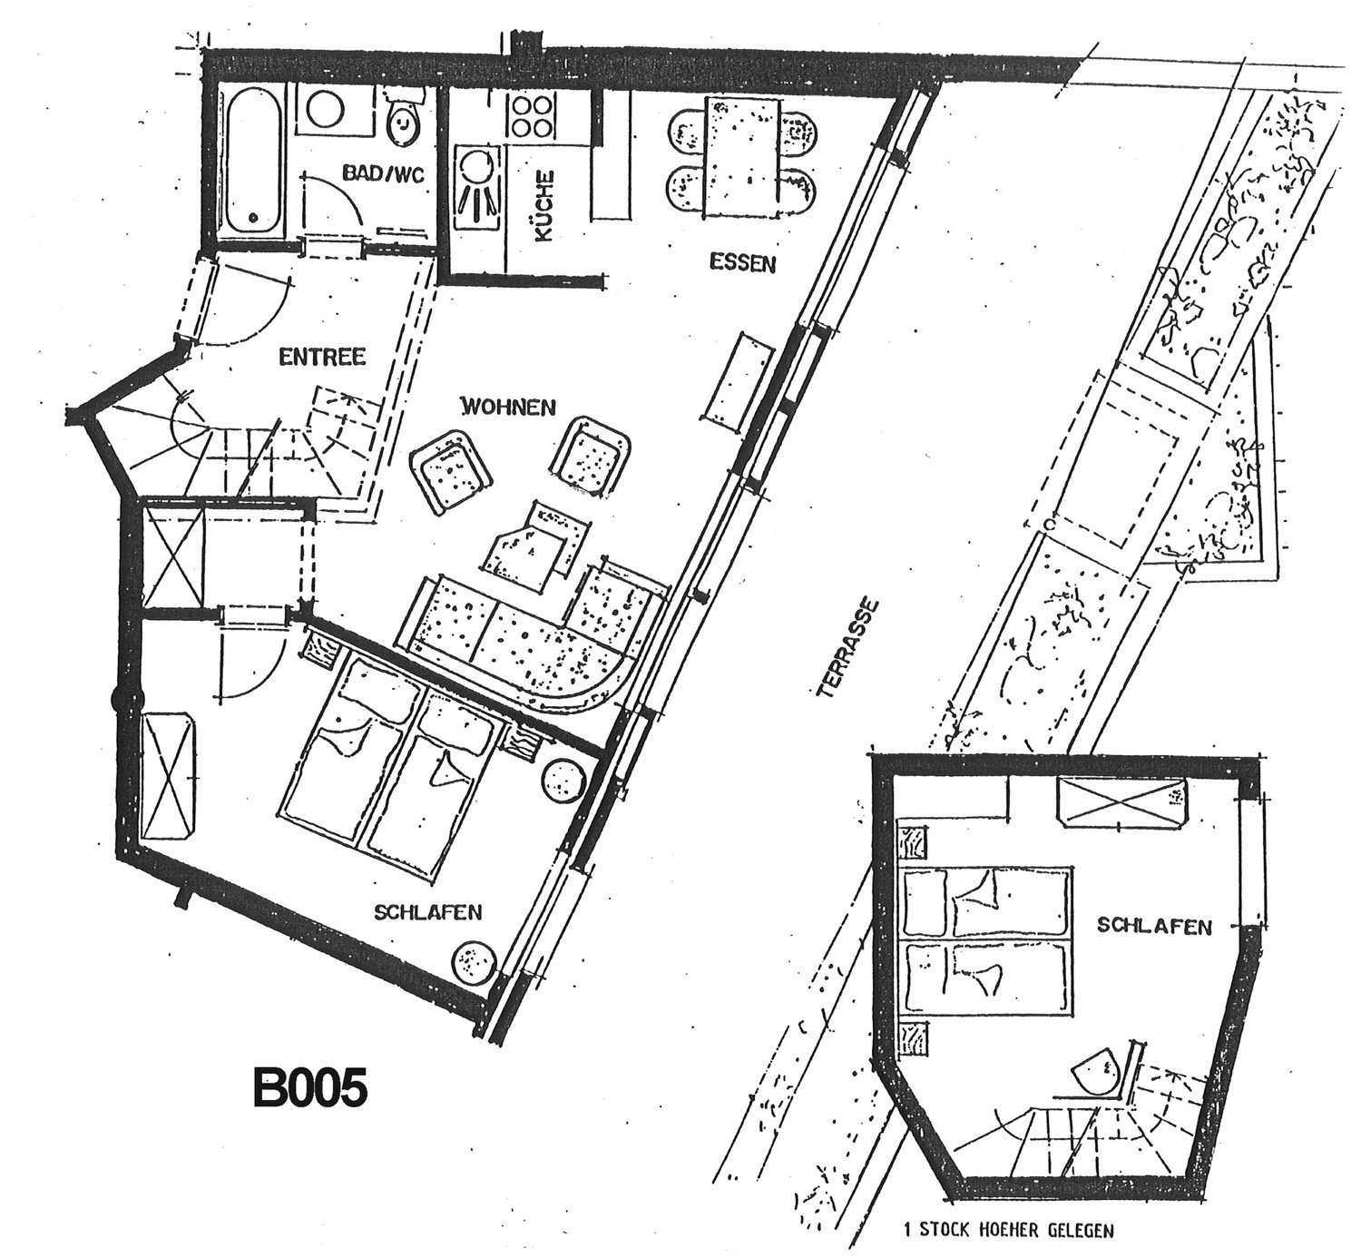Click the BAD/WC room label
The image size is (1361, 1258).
click(383, 172)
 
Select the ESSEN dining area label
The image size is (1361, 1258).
click(742, 262)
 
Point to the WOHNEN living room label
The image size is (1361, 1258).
click(508, 407)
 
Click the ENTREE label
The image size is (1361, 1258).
click(322, 357)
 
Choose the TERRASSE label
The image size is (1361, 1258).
click(847, 649)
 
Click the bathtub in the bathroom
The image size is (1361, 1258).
click(252, 162)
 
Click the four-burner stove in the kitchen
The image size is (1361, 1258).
click(531, 116)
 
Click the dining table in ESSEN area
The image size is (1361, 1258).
click(742, 157)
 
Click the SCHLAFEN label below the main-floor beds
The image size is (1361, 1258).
click(427, 912)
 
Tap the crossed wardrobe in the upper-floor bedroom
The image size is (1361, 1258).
click(1121, 802)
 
